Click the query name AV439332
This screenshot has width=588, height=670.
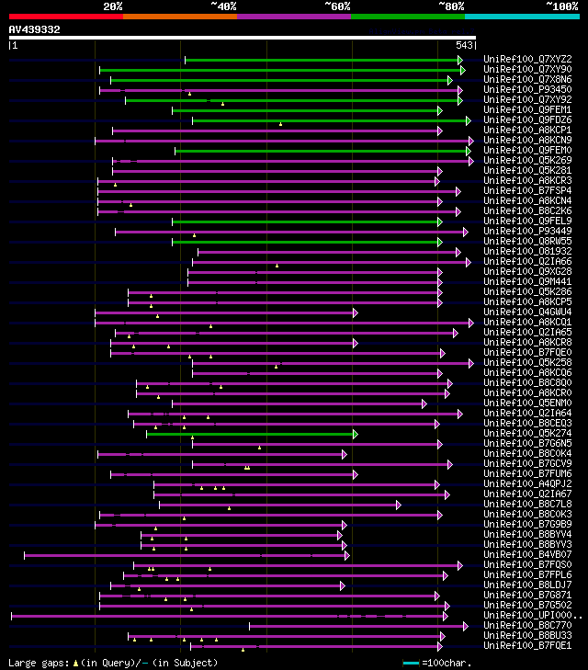pyautogui.click(x=35, y=29)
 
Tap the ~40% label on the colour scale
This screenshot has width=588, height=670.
pyautogui.click(x=223, y=6)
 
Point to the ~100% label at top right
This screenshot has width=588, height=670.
pyautogui.click(x=561, y=6)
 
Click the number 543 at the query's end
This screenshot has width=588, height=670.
pyautogui.click(x=464, y=45)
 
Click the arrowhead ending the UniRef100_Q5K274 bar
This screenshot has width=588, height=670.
pyautogui.click(x=355, y=434)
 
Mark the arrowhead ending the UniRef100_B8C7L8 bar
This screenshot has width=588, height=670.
pyautogui.click(x=399, y=505)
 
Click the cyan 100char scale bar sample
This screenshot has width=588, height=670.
pyautogui.click(x=411, y=663)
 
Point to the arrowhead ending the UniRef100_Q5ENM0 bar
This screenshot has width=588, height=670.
pyautogui.click(x=424, y=403)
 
